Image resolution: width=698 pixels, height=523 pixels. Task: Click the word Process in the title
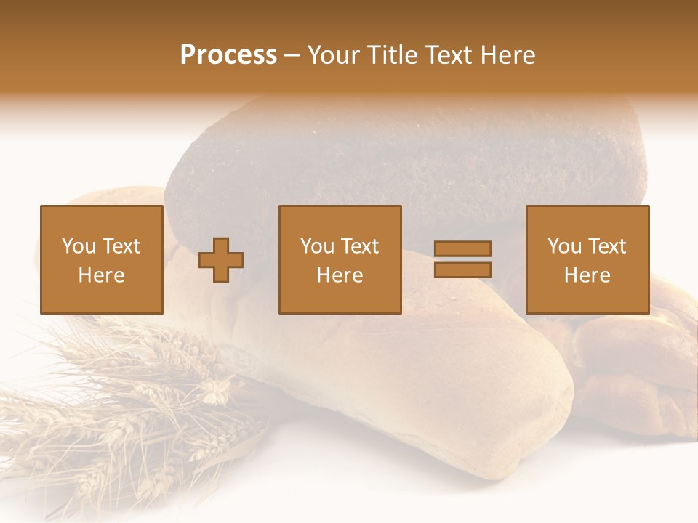click(228, 55)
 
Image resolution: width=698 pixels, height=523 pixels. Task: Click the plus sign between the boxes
click(221, 260)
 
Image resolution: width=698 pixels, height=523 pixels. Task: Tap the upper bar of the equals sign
click(462, 248)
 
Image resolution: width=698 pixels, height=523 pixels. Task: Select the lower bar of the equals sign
click(462, 270)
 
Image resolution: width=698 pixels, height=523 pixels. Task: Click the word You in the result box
click(564, 246)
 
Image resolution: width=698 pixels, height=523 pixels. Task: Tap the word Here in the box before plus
click(101, 275)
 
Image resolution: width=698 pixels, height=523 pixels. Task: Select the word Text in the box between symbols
click(361, 246)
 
